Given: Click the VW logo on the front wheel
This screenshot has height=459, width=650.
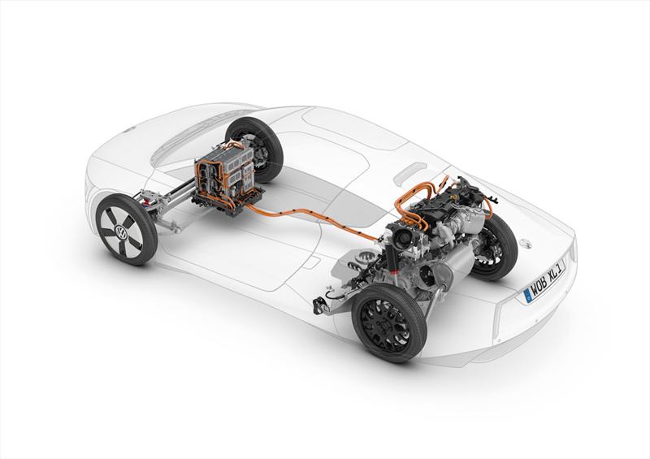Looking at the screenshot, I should pos(123,232).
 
